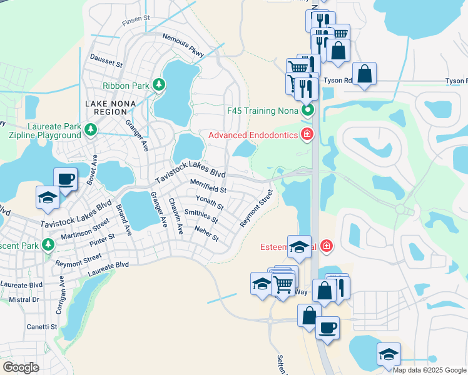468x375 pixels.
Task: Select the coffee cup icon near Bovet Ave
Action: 66,179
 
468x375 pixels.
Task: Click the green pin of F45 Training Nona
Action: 307,111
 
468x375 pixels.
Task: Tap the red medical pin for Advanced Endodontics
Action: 307,134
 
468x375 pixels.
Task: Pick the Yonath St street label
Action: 210,202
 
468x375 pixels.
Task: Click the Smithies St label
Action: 201,216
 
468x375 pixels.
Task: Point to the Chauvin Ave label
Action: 175,216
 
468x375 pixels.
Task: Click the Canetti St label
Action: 41,326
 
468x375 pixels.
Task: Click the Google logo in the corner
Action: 21,367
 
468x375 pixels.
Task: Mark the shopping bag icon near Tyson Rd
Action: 365,74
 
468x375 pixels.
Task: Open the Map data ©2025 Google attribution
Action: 429,370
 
